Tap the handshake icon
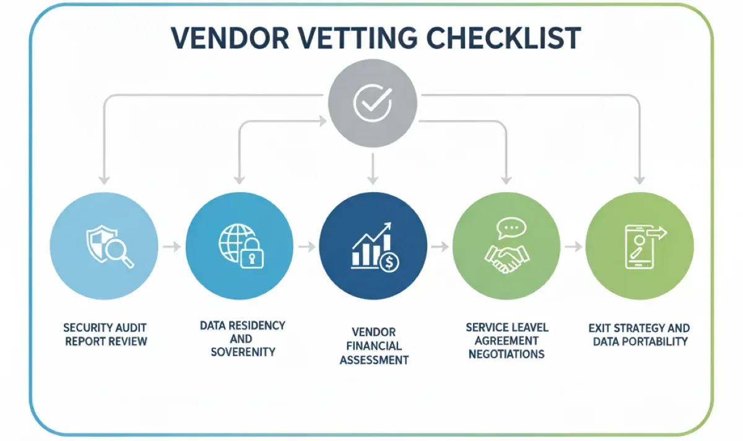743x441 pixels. pos(506,257)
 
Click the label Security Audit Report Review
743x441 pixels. pos(106,334)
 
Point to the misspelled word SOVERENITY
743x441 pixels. pos(243,352)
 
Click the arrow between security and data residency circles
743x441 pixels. pos(173,247)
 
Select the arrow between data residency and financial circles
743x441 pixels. pos(306,247)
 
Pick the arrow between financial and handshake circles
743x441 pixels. pos(440,247)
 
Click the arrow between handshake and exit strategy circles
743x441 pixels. pos(574,247)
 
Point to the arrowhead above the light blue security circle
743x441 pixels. pos(105,180)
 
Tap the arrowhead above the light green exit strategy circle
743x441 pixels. pos(640,180)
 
